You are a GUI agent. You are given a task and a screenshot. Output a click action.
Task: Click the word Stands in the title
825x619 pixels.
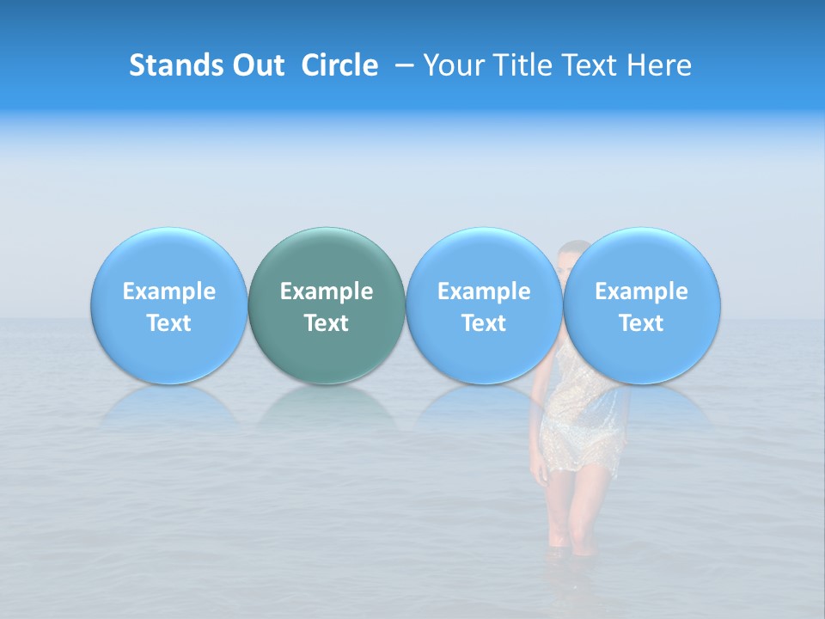[174, 65]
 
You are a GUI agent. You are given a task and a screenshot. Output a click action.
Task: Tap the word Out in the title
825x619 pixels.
[256, 65]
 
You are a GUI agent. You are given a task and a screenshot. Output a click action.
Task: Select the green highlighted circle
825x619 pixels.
[327, 306]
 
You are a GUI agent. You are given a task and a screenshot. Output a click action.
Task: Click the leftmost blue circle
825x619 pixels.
[168, 306]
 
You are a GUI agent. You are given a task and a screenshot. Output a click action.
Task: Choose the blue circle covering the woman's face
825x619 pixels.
[641, 306]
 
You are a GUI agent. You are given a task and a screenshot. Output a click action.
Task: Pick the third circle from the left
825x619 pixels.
[484, 306]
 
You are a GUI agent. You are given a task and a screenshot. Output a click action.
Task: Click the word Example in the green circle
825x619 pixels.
[327, 291]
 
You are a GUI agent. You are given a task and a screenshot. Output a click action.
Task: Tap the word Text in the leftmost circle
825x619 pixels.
[168, 323]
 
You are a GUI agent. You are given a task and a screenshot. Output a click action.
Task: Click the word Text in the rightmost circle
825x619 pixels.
[641, 323]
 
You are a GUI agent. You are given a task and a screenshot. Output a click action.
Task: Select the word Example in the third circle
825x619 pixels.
[484, 291]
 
